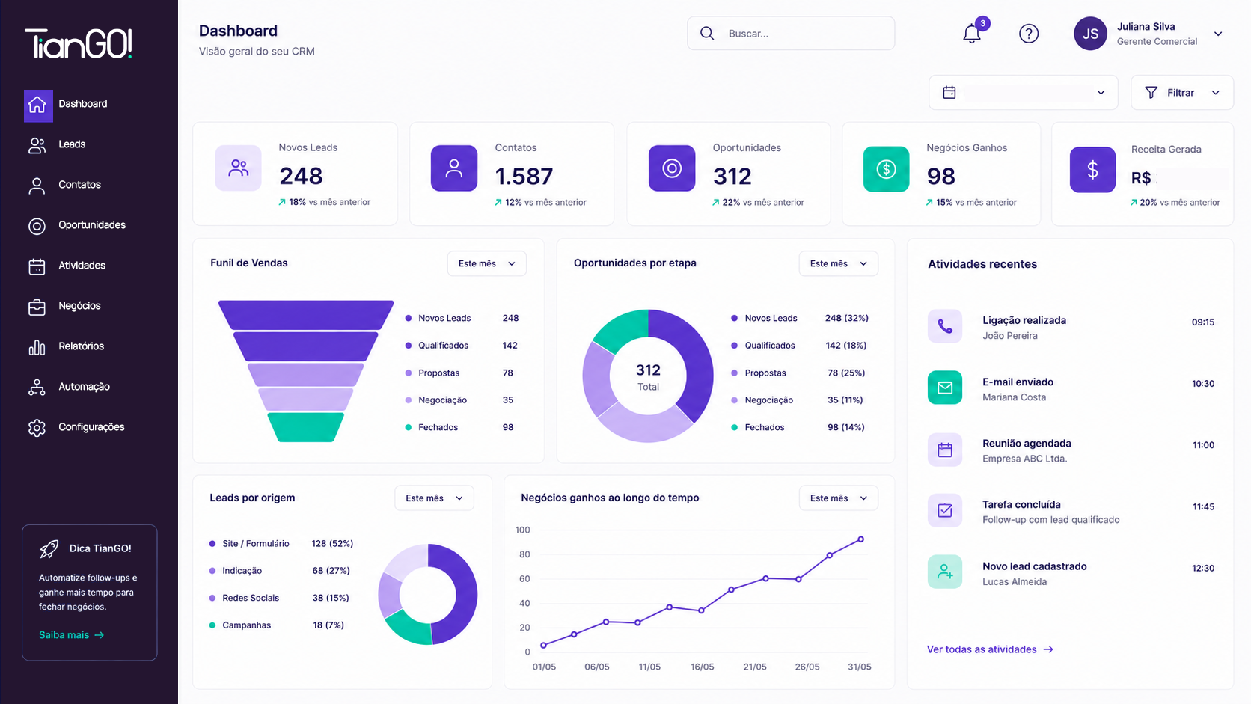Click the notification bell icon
click(x=972, y=34)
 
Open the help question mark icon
click(x=1029, y=34)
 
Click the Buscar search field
click(x=791, y=34)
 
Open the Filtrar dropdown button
click(x=1181, y=93)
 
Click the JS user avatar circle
click(x=1090, y=34)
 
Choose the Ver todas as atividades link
click(x=990, y=649)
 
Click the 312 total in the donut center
click(x=648, y=370)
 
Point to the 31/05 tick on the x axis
click(x=859, y=667)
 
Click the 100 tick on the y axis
click(x=523, y=530)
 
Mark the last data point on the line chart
click(x=860, y=539)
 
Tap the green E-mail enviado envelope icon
click(x=945, y=388)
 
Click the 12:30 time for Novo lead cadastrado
click(x=1203, y=569)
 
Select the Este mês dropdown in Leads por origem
click(x=434, y=498)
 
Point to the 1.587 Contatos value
click(x=524, y=177)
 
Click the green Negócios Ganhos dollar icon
click(x=886, y=169)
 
